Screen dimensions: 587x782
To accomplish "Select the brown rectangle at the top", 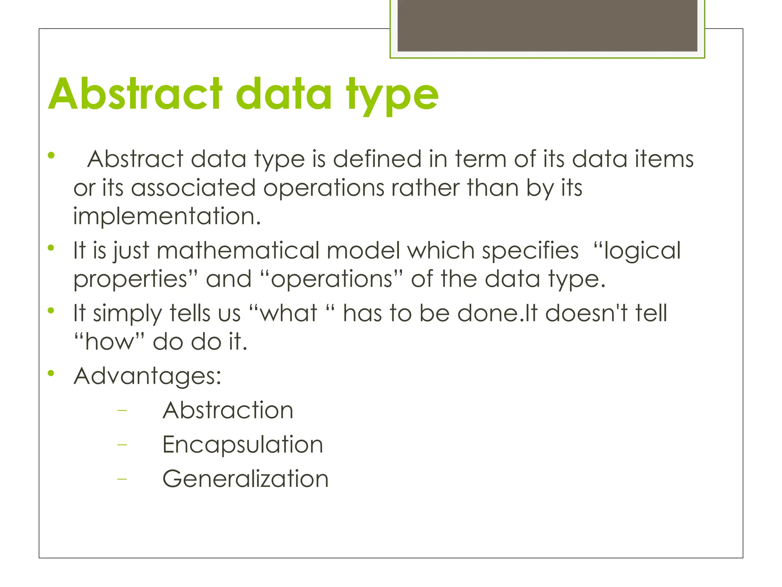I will [547, 26].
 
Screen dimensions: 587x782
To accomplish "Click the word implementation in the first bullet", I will [167, 217].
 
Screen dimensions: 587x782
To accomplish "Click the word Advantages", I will [147, 376].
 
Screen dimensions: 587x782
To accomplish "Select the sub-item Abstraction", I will [228, 410].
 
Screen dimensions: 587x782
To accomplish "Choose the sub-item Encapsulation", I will [243, 445].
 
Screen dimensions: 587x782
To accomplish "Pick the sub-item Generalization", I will [246, 479].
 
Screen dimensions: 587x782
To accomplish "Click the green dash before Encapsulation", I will [122, 445].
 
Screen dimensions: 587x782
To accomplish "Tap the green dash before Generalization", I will [122, 479].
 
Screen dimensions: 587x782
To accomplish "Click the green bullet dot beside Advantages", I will [51, 373].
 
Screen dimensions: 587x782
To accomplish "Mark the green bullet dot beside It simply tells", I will [51, 310].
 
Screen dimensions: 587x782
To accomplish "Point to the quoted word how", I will [109, 342].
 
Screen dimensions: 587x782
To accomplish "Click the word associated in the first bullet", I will [193, 188].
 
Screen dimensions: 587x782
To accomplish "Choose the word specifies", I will [530, 251].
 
